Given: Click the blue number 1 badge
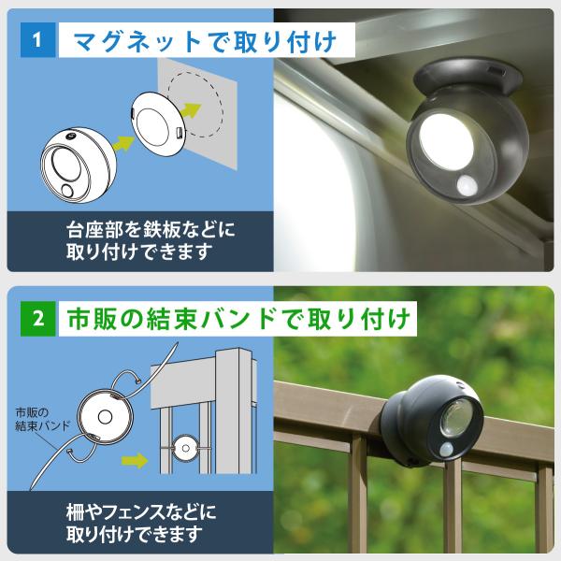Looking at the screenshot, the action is (38, 39).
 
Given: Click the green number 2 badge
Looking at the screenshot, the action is (38, 319).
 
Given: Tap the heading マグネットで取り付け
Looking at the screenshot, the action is (205, 41).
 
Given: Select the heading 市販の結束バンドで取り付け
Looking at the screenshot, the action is (238, 319).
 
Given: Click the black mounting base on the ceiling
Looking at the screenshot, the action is (467, 78).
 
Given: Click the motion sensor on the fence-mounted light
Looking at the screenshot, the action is (447, 449).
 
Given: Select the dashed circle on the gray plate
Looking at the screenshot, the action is (195, 107).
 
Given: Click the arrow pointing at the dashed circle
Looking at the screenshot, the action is (190, 110).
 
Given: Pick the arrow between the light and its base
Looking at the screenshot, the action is (122, 143).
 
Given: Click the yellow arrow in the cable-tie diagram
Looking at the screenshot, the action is (134, 460).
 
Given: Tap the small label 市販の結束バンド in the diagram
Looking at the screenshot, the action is (42, 419).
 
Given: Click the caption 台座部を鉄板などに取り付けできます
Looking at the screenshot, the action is (151, 240).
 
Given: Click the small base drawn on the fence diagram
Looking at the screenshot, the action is (185, 448).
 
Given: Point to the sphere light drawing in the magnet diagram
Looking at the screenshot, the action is (79, 165).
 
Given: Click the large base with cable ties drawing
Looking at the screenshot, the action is (105, 417).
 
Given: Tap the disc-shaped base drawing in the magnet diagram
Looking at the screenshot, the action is (157, 124).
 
